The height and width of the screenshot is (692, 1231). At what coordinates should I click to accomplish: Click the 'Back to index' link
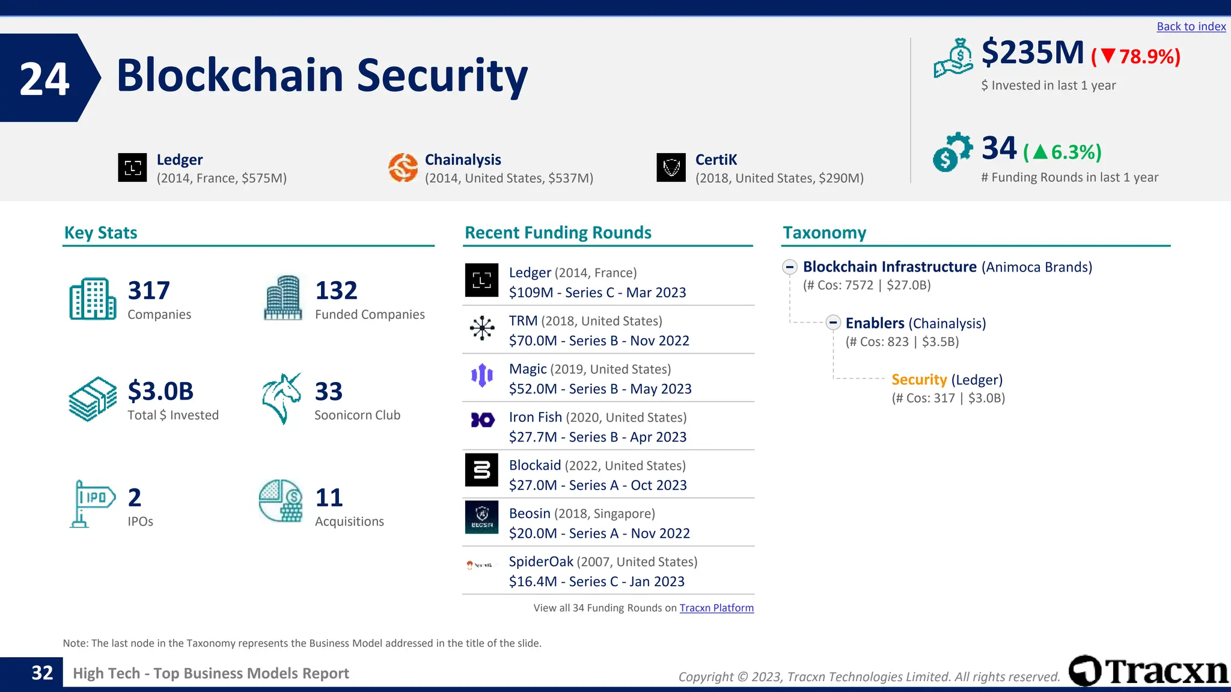coord(1191,26)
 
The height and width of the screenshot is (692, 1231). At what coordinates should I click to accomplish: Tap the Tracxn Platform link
coord(716,608)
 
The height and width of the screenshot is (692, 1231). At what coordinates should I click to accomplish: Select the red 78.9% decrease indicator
coord(1136,56)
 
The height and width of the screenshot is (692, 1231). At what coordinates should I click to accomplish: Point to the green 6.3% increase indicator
coord(1062,153)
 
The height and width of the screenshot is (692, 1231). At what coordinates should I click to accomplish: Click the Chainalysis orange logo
coord(403,168)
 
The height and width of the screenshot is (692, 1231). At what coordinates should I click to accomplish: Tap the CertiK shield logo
coord(671,168)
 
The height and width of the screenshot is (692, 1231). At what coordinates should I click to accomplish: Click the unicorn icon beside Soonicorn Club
coord(281,398)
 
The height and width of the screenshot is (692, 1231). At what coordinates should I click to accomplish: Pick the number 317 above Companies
coord(149,291)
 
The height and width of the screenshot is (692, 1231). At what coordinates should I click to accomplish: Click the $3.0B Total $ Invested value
coord(160,392)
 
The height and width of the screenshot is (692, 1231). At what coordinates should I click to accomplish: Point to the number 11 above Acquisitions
coord(329,498)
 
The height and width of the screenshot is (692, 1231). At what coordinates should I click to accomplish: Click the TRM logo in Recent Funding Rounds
coord(481,329)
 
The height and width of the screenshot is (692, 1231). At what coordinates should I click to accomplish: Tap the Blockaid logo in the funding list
coord(481,470)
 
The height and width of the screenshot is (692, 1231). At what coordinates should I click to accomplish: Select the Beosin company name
coord(530,514)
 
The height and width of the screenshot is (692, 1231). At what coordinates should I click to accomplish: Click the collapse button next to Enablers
coord(833,323)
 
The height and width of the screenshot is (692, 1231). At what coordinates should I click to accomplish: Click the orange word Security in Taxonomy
coord(919,380)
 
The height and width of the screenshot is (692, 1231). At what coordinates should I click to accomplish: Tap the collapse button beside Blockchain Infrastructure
coord(790,267)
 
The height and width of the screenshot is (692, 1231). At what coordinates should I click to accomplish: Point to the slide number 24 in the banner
coord(44,79)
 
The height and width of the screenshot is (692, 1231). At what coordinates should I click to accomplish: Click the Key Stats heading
coord(100,233)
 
